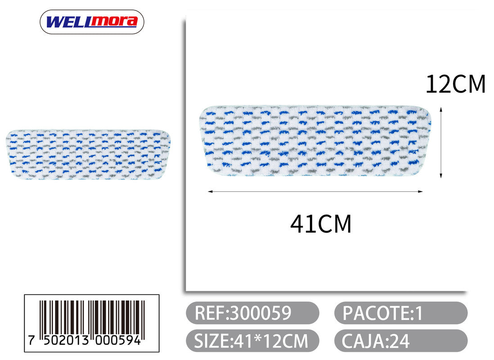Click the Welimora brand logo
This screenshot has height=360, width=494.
click(x=92, y=22)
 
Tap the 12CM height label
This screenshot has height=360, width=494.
click(x=455, y=84)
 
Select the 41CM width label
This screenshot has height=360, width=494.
click(x=320, y=224)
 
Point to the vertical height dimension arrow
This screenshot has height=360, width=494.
click(x=441, y=143)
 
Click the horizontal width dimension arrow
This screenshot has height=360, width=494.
click(x=315, y=191)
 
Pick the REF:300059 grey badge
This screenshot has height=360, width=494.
click(x=252, y=313)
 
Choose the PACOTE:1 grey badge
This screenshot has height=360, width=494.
click(x=401, y=313)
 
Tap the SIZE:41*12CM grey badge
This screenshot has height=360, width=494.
click(x=252, y=341)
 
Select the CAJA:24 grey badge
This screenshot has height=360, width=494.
click(x=401, y=341)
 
